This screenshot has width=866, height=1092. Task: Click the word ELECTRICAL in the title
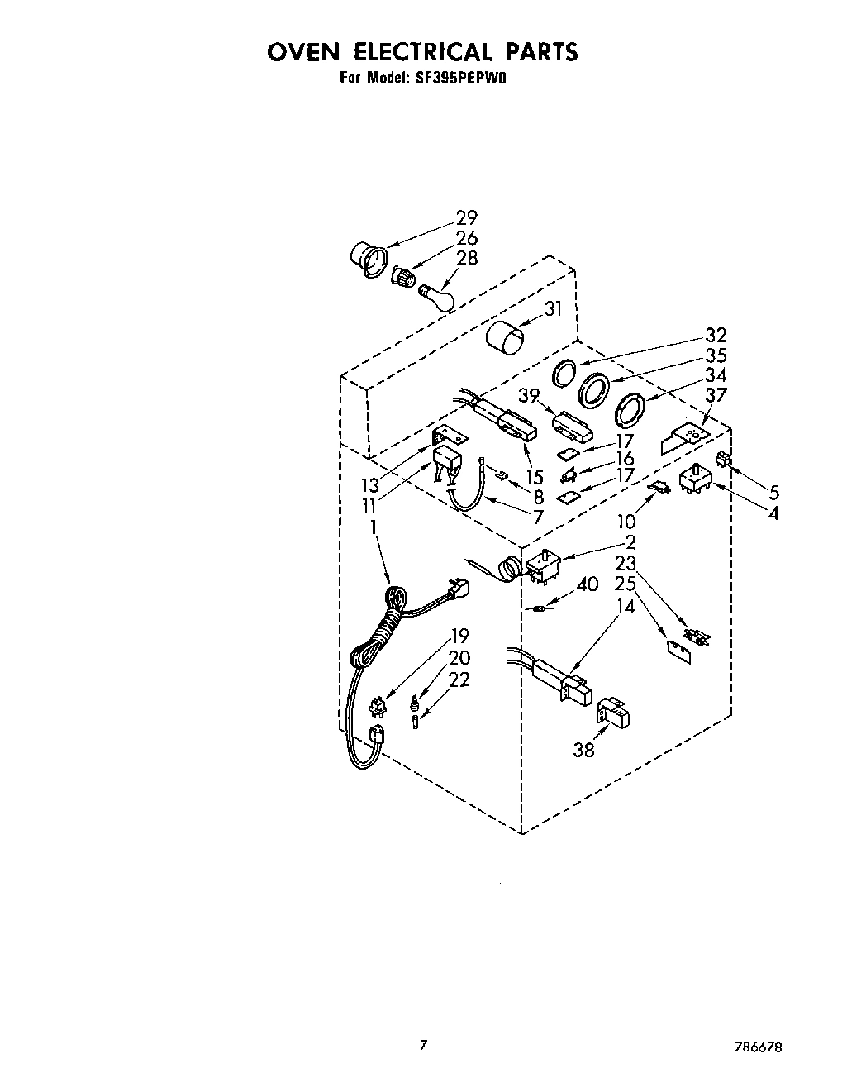pos(422,52)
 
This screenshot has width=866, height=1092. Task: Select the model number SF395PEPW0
pos(467,79)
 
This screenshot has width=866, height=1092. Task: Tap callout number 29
pos(467,218)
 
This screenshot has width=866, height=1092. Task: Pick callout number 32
pos(716,335)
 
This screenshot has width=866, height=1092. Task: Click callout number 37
pos(716,394)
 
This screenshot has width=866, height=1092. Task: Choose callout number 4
pos(773,513)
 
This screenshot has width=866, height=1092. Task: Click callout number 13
pos(369,484)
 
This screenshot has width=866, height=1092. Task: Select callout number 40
pos(587,584)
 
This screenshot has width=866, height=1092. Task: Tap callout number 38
pos(583,751)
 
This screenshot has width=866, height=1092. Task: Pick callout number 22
pos(459,679)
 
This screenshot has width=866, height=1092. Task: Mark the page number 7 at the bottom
pos(423,1046)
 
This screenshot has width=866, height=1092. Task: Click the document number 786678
pos(755,1046)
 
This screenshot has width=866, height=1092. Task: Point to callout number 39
pos(530,396)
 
